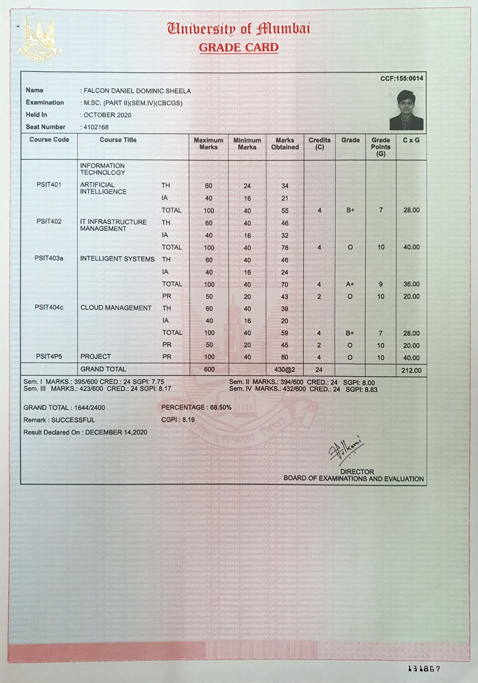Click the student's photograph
[407, 110]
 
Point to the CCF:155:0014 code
[401, 79]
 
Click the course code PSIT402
[49, 221]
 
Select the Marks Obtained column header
[285, 144]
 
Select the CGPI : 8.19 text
[178, 420]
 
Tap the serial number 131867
[424, 669]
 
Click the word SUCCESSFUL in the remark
[73, 420]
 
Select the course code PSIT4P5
[49, 356]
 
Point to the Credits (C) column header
[319, 144]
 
